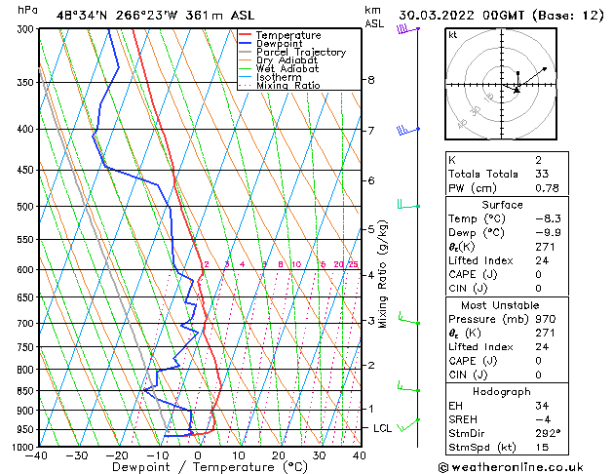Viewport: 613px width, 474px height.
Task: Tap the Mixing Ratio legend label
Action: click(287, 86)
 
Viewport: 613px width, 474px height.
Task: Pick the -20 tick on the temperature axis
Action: click(117, 455)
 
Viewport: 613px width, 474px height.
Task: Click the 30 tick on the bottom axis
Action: click(319, 455)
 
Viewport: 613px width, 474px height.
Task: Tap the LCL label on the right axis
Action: click(383, 428)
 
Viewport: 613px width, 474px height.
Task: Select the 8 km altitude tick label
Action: click(370, 80)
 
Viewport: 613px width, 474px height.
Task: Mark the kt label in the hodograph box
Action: click(452, 35)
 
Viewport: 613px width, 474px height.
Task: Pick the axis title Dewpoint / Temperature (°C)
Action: click(197, 467)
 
